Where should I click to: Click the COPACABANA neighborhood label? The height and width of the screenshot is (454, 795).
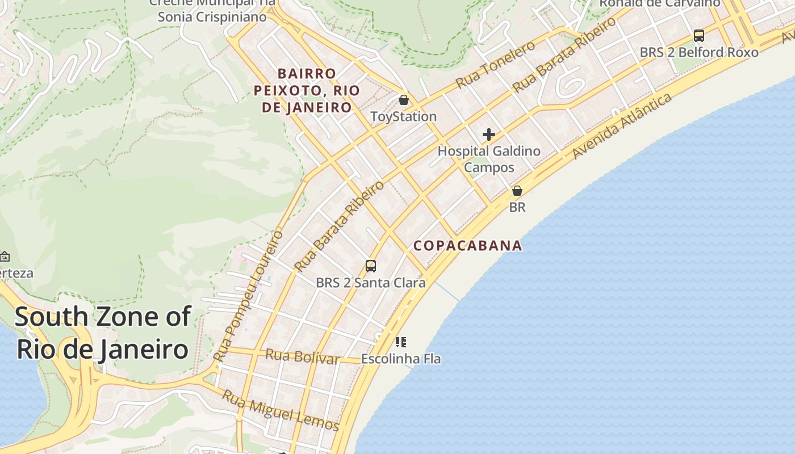467,246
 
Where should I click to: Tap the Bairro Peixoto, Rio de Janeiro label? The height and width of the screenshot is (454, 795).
307,90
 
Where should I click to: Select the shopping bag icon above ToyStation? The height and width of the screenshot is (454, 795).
404,100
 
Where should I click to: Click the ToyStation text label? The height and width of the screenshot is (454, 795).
403,117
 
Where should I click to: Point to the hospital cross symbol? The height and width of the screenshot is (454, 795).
489,134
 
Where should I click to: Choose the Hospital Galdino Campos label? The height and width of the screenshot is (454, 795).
489,159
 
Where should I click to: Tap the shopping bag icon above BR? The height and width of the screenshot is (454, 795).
517,191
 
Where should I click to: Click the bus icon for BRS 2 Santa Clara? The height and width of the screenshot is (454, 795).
371,266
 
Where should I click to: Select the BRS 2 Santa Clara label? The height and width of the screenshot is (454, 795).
370,283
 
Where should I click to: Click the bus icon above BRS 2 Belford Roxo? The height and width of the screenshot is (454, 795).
699,36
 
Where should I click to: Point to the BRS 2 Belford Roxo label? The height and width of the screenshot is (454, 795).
699,53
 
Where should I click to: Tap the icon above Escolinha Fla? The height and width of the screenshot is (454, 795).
401,342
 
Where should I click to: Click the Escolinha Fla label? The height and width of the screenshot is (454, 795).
401,359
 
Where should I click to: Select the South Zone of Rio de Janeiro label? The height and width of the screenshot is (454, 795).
102,333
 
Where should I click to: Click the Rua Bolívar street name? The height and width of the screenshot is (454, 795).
303,356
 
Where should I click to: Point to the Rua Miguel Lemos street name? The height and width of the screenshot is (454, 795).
281,410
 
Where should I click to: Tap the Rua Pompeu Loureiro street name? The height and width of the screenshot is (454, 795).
248,296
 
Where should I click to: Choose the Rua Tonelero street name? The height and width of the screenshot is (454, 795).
496,64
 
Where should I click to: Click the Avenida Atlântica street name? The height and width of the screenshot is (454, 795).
622,126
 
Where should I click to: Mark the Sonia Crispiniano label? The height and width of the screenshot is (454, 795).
212,17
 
